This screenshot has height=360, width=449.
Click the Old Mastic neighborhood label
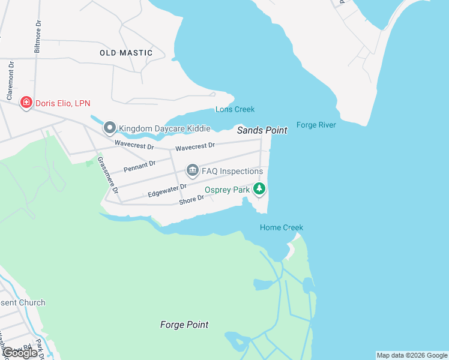126,53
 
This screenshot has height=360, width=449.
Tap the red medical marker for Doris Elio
26,103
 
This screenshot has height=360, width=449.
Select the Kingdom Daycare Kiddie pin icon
109,128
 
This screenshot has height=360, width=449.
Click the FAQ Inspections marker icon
192,171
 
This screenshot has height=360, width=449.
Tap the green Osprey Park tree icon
259,190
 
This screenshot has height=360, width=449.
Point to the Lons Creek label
235,109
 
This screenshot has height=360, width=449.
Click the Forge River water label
316,125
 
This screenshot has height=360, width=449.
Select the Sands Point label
262,130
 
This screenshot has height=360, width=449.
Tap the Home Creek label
281,227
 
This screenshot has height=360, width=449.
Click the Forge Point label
184,325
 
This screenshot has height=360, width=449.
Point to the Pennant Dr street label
139,166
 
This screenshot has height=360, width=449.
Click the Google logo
20,353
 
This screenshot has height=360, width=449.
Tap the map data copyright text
412,355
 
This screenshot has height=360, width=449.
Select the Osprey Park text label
227,190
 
